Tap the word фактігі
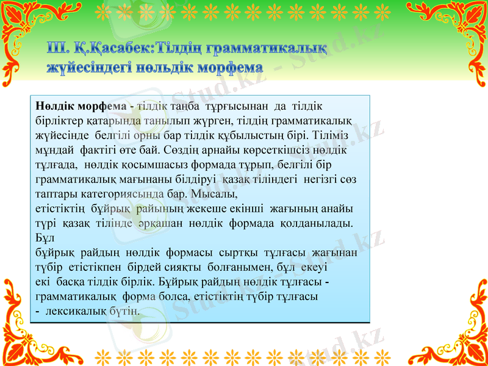99,149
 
